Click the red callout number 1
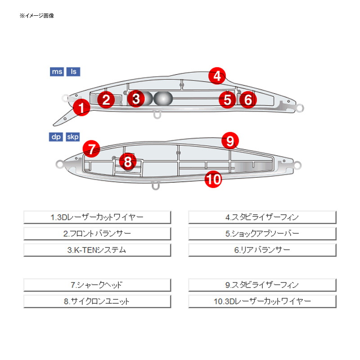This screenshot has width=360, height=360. coord(81,107)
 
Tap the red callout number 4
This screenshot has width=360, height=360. coord(217,76)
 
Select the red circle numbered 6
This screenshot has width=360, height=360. coord(248,99)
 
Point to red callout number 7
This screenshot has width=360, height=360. coord(91,149)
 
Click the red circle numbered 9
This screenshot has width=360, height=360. coord(230,140)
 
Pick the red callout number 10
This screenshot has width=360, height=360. coord(213,179)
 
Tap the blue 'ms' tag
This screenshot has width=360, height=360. coord(57,72)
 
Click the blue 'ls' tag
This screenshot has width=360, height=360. coord(73,72)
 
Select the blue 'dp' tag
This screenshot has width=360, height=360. coord(56,137)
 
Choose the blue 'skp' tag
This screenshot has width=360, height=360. coord(73,137)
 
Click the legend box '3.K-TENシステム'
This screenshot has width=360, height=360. coord(97,250)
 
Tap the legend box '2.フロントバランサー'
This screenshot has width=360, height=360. coord(97,234)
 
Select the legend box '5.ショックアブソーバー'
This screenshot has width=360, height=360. coord(262,234)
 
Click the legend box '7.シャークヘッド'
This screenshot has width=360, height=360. coord(97,285)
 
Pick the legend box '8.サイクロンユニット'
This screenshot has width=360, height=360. coord(97,301)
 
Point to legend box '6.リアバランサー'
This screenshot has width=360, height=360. coord(262,250)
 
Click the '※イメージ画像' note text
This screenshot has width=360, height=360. coord(37,16)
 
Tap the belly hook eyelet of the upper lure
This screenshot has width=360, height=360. coord(157,114)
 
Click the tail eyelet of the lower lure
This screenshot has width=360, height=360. coord(297,166)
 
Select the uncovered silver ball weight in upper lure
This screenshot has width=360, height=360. coord(163,99)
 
